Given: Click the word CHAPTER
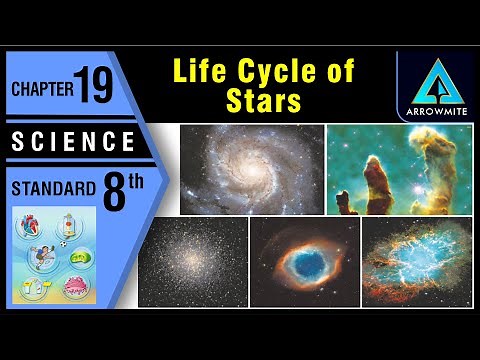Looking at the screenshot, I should click(x=42, y=89).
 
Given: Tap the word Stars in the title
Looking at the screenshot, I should click(x=264, y=101).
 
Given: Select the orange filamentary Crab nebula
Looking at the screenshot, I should click(x=417, y=263).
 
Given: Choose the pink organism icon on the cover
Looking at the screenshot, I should click(x=71, y=290).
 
